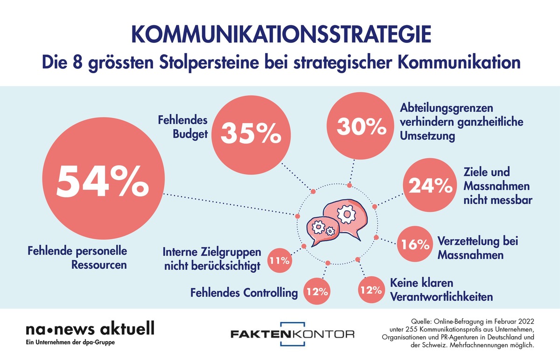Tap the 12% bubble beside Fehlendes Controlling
click(317, 292)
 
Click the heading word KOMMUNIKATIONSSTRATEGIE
click(280, 37)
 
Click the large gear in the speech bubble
click(347, 214)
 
